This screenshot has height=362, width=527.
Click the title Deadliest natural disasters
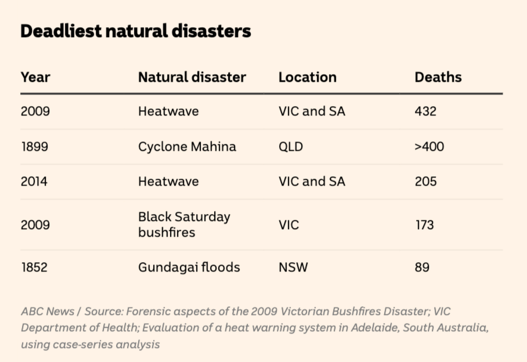(x=136, y=31)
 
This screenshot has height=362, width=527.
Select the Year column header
(x=35, y=77)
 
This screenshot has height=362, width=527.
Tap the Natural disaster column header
(x=192, y=77)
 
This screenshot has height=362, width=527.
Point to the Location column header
(x=307, y=77)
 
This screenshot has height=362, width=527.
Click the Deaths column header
(x=438, y=77)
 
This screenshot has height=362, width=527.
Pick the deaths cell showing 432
(x=425, y=111)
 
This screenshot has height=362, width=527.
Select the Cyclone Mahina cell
(x=187, y=146)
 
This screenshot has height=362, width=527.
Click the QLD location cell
(x=290, y=146)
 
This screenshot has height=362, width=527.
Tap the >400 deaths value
(x=429, y=146)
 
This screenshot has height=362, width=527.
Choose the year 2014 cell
(x=34, y=182)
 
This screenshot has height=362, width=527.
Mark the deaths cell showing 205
(x=425, y=182)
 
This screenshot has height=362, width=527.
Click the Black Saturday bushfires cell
(x=184, y=225)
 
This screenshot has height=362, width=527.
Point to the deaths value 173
(x=424, y=225)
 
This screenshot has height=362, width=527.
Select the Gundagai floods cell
(x=189, y=267)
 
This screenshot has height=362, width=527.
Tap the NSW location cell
(x=293, y=267)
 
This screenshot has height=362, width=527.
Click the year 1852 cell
(x=34, y=267)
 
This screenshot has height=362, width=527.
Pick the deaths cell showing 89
(x=422, y=267)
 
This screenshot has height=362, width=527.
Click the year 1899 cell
(x=35, y=146)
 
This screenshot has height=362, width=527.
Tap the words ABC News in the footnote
(x=48, y=312)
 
